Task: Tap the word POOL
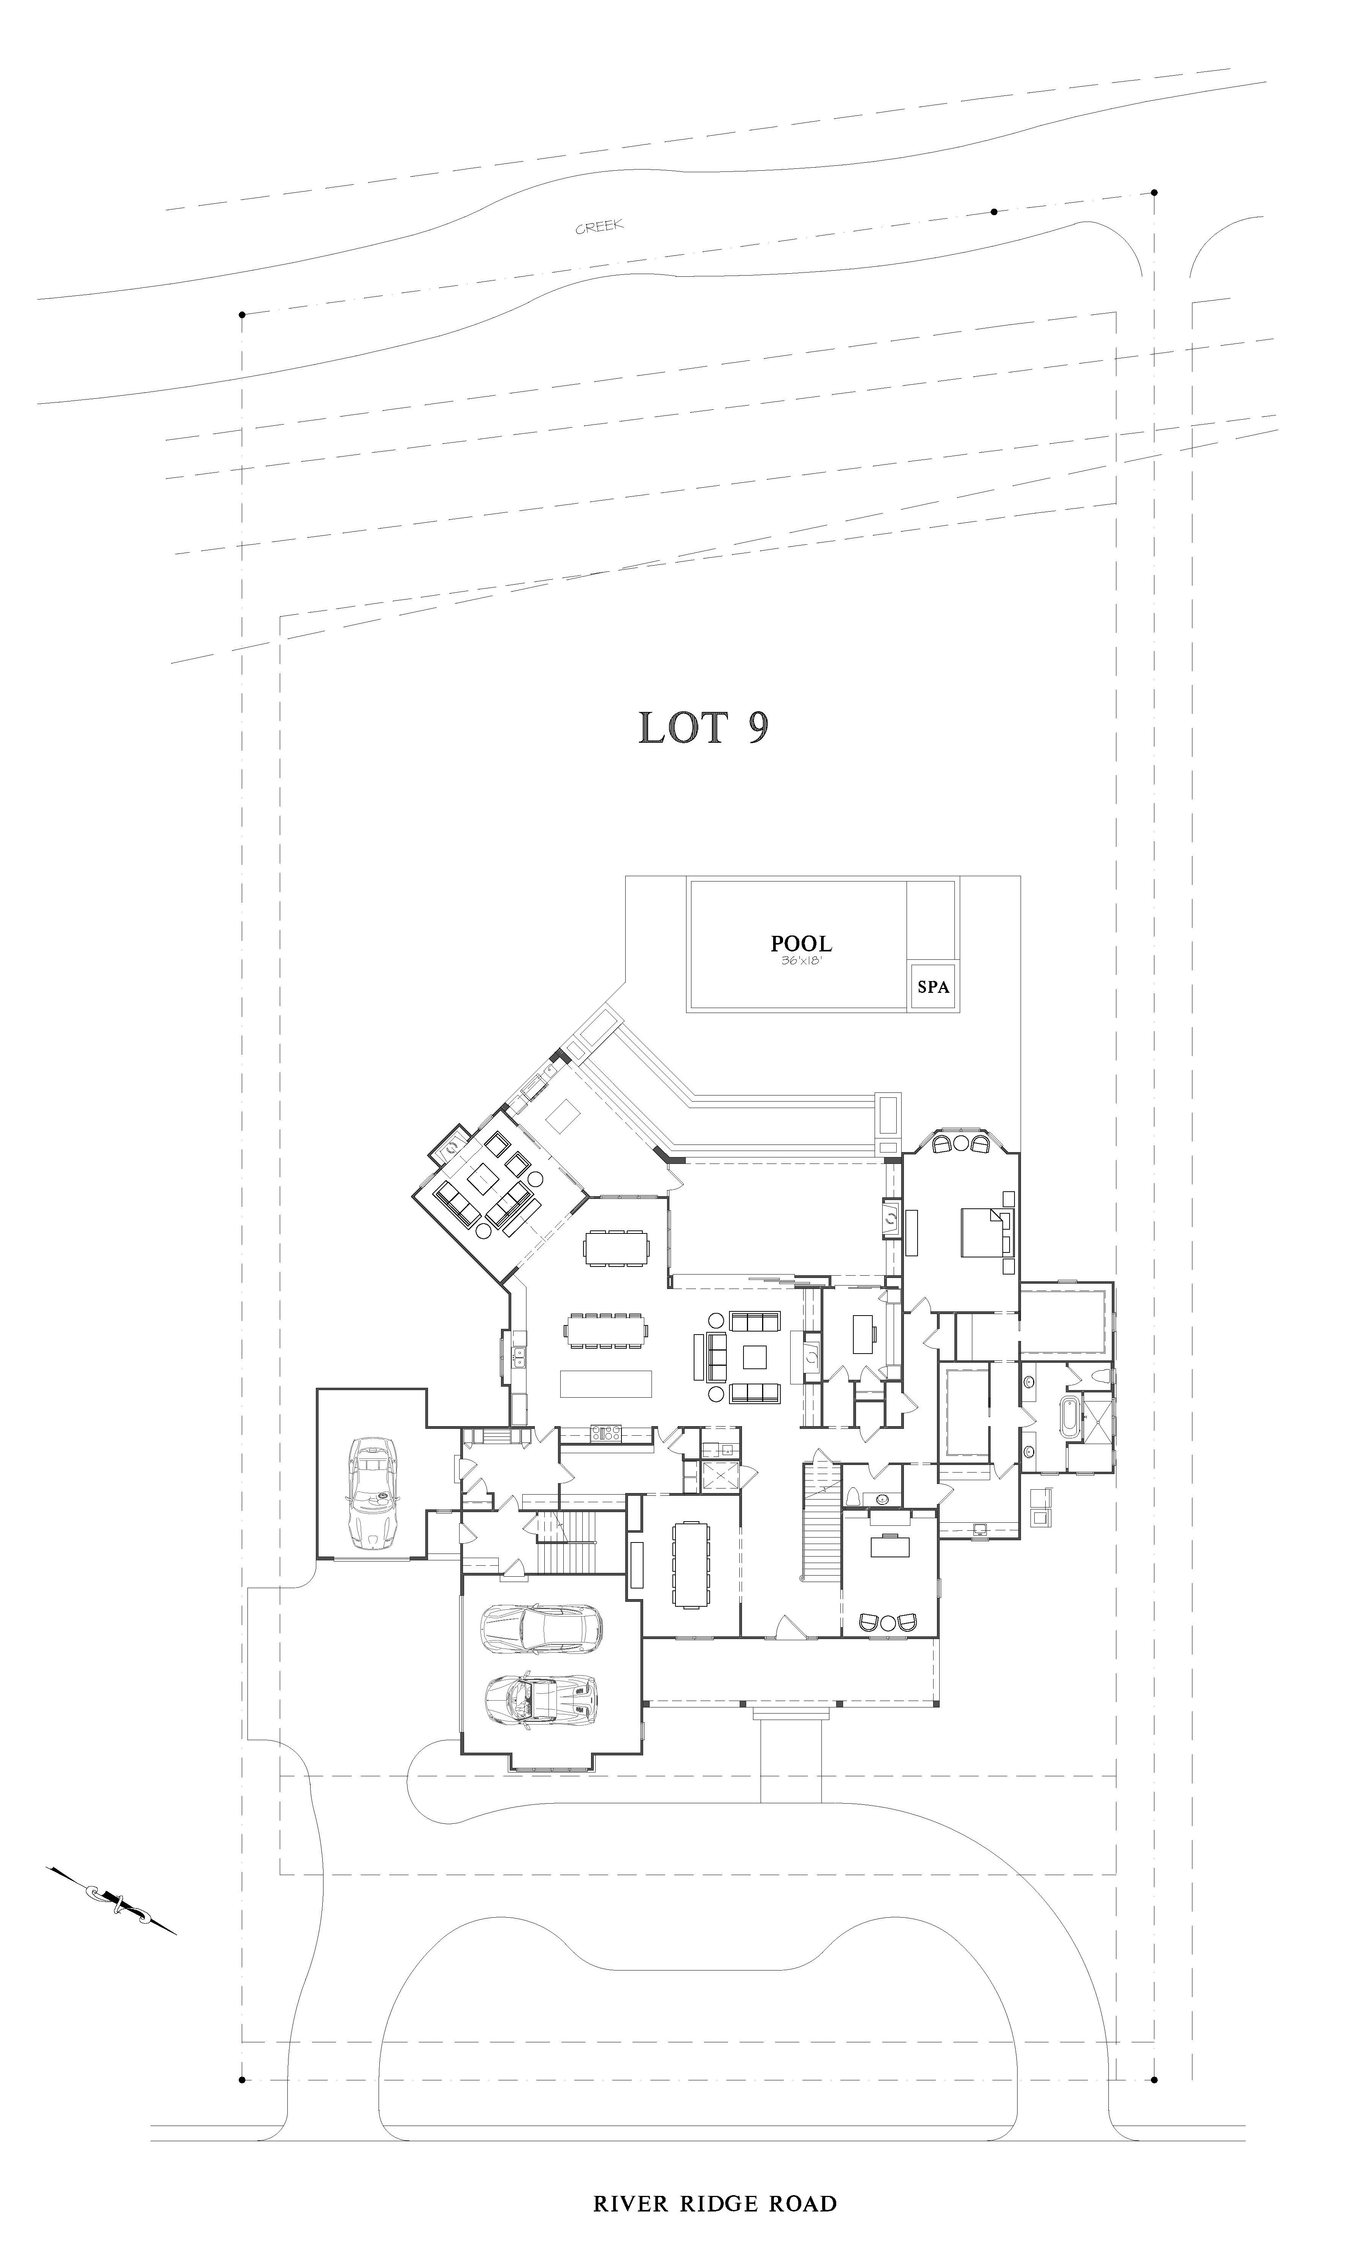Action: (801, 943)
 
